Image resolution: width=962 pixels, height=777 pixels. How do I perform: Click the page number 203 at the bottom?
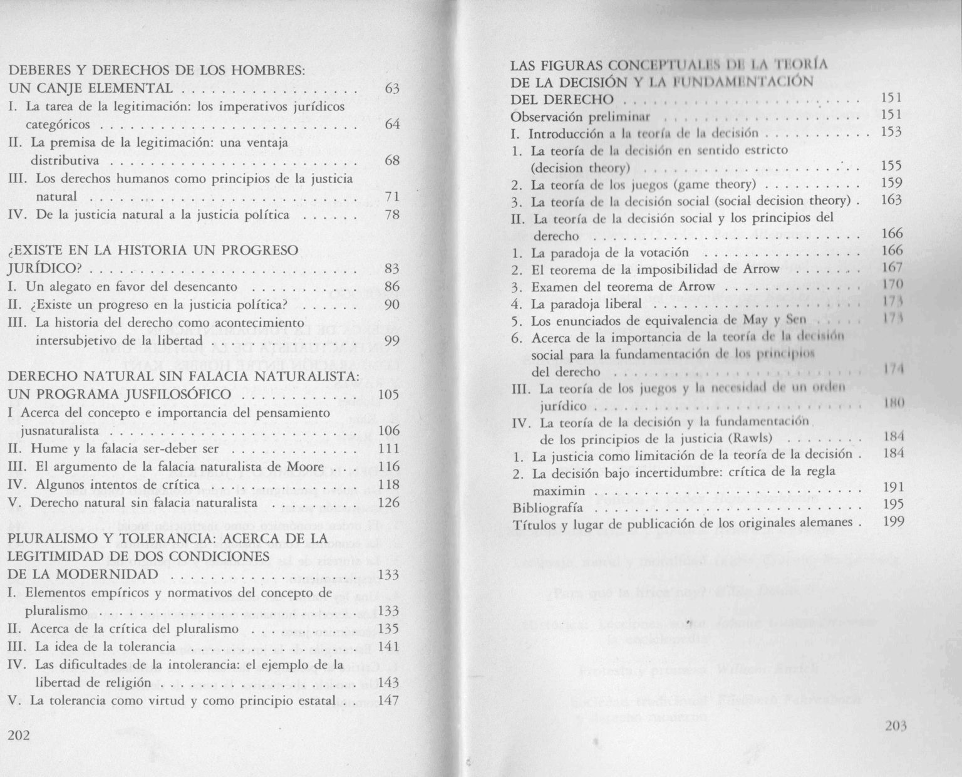pyautogui.click(x=897, y=727)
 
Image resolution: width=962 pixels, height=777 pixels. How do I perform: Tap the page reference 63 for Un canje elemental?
pyautogui.click(x=392, y=88)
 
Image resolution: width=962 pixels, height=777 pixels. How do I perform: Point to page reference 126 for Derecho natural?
pyautogui.click(x=389, y=503)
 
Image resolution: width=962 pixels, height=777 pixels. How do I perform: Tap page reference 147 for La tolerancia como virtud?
pyautogui.click(x=389, y=701)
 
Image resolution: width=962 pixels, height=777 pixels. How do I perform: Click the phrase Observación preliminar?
pyautogui.click(x=581, y=117)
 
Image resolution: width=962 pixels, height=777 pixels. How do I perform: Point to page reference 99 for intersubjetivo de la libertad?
pyautogui.click(x=392, y=341)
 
